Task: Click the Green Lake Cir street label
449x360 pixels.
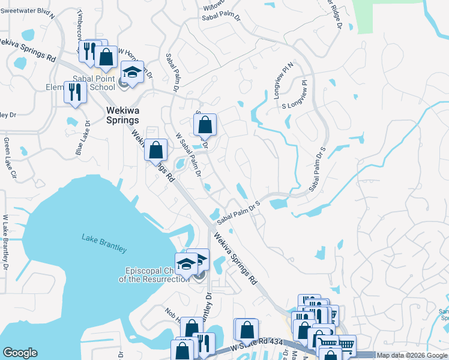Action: tap(10, 158)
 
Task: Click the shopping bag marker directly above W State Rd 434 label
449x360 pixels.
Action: tap(247, 329)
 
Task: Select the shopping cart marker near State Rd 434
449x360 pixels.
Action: tap(345, 345)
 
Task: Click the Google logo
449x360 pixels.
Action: tap(20, 353)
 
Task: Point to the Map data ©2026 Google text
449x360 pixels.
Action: tap(412, 355)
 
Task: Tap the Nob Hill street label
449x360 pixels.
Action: tap(173, 316)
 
